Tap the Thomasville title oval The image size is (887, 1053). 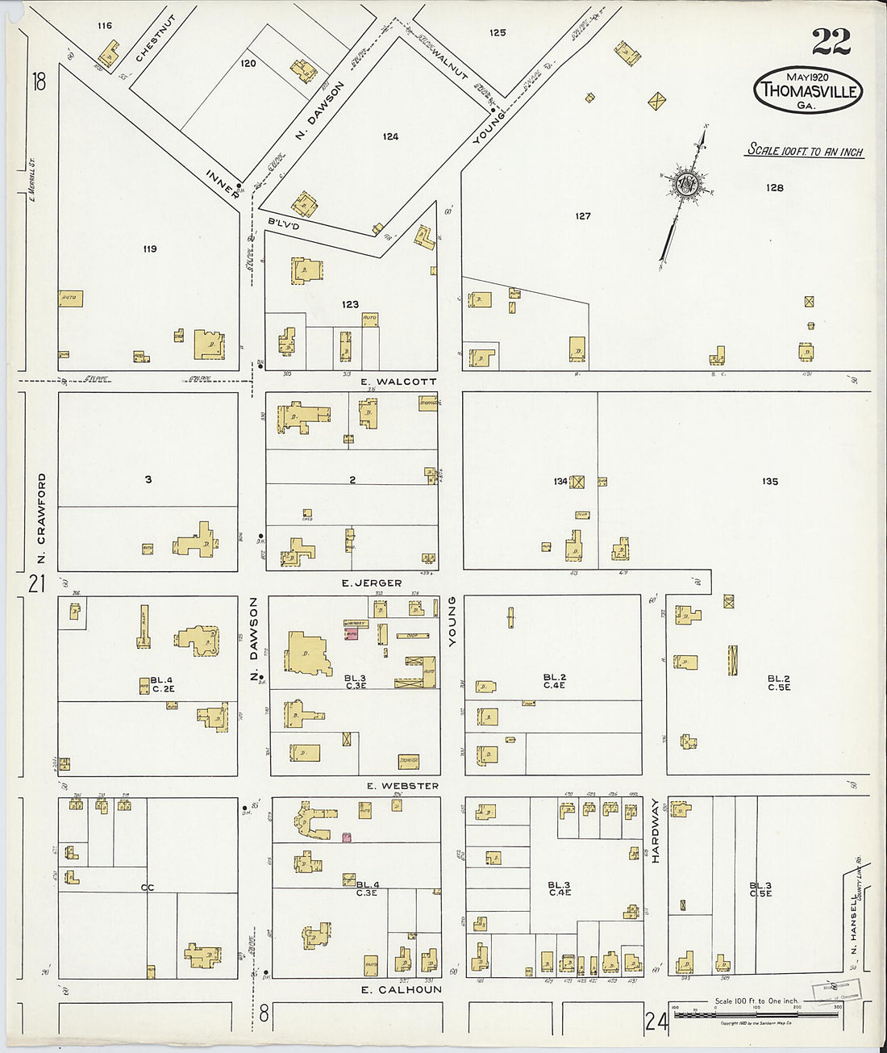pyautogui.click(x=808, y=90)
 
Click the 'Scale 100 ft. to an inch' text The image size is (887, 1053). pyautogui.click(x=805, y=150)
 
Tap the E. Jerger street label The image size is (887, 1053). pyautogui.click(x=371, y=583)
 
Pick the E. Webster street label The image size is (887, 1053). pyautogui.click(x=402, y=786)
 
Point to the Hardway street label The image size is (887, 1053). pyautogui.click(x=655, y=831)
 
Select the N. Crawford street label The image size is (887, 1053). pyautogui.click(x=41, y=518)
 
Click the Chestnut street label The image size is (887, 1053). pyautogui.click(x=155, y=38)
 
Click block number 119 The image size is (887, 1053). pyautogui.click(x=148, y=249)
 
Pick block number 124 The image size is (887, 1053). pyautogui.click(x=390, y=136)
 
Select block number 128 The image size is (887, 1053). pyautogui.click(x=774, y=187)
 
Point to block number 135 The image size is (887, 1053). pyautogui.click(x=769, y=481)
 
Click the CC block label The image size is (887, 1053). pyautogui.click(x=147, y=888)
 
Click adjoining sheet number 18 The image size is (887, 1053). pyautogui.click(x=38, y=81)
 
